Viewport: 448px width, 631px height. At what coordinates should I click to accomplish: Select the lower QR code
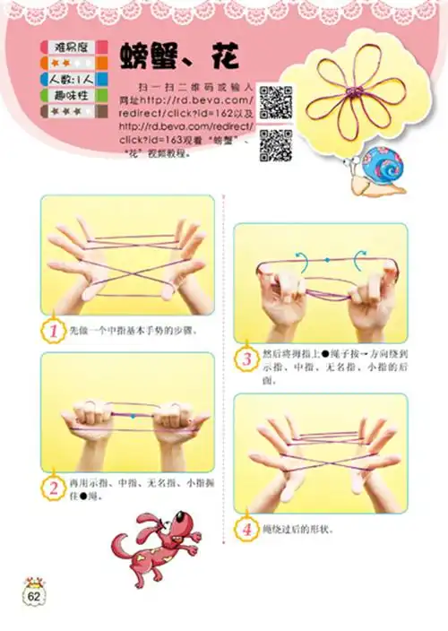click(x=276, y=144)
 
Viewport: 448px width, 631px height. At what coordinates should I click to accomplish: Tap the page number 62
click(x=35, y=596)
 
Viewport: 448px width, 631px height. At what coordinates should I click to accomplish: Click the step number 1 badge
click(x=53, y=331)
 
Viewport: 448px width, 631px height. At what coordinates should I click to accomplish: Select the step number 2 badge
click(x=53, y=488)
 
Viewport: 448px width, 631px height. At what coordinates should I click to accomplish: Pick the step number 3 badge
click(x=247, y=359)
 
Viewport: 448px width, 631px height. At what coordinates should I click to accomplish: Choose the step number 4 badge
click(x=247, y=529)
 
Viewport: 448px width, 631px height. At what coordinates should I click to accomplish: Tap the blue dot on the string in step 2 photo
click(x=134, y=417)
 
